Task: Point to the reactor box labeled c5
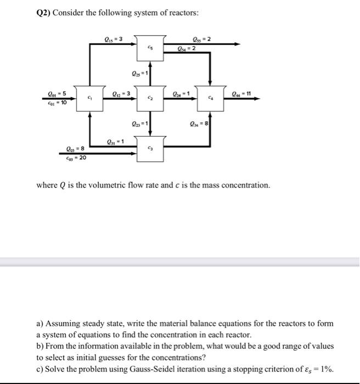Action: tap(150, 49)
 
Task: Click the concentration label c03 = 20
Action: tap(74, 158)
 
